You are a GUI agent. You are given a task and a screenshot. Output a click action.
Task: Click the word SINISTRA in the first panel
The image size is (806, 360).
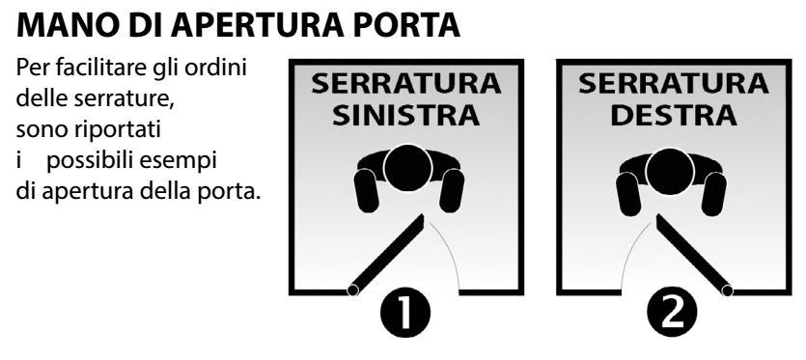[x=406, y=115]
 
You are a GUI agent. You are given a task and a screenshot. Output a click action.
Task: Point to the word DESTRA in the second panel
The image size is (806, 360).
[x=674, y=115]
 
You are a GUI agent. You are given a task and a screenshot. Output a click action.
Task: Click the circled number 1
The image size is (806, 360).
[x=405, y=312]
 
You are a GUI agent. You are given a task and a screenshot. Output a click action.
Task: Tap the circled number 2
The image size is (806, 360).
[x=672, y=312]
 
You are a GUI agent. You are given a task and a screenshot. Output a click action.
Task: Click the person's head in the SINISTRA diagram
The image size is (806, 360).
[x=407, y=169]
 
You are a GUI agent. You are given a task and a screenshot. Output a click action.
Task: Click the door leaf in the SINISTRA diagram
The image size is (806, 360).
[x=386, y=254]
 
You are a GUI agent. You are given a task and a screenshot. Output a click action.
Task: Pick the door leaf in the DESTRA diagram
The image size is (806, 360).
[x=694, y=255]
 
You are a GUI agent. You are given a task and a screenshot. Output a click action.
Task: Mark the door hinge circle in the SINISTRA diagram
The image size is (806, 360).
[x=352, y=291]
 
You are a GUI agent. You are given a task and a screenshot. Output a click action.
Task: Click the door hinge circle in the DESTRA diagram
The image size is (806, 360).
[x=728, y=291]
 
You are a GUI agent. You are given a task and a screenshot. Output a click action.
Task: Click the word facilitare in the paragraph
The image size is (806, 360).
[x=98, y=68]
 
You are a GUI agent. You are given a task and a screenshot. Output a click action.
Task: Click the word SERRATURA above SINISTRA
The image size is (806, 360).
[x=406, y=84]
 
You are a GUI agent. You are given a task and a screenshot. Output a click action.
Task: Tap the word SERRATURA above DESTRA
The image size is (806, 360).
[x=674, y=84]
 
